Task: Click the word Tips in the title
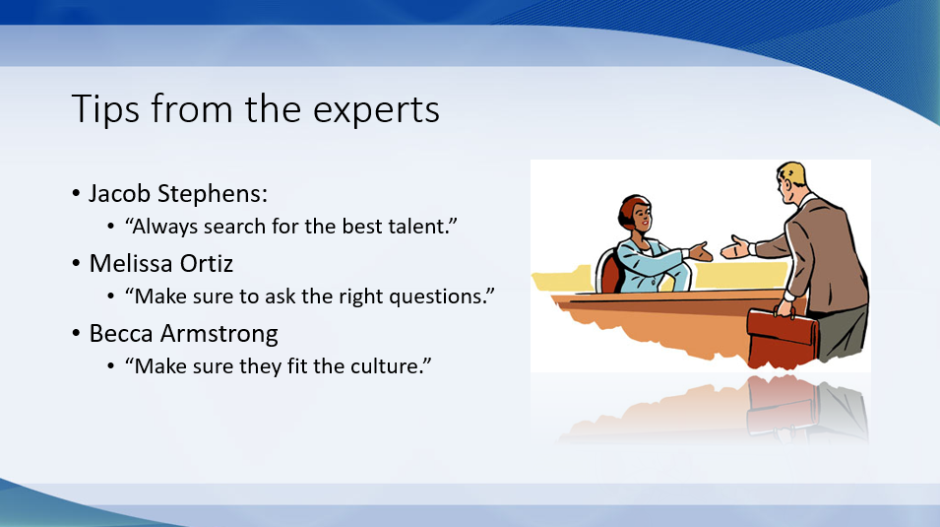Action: [x=105, y=110]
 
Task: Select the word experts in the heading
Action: [x=376, y=110]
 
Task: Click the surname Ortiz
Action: [x=207, y=264]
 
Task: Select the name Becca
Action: [x=121, y=334]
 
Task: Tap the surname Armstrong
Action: [x=219, y=334]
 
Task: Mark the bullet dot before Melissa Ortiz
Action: [x=76, y=264]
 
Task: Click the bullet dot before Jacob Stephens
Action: [x=76, y=194]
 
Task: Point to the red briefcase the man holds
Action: [x=783, y=336]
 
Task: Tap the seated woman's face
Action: [x=640, y=218]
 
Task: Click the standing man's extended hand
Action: [x=734, y=247]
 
